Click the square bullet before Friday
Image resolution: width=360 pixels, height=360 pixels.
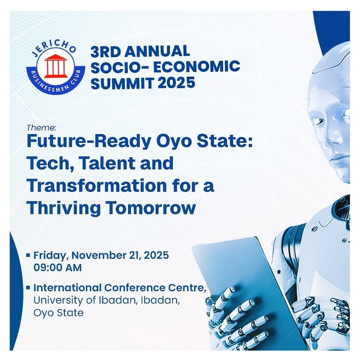tap(29, 255)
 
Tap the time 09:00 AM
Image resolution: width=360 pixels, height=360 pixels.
tap(58, 267)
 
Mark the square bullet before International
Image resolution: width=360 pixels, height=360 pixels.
tap(29, 287)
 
